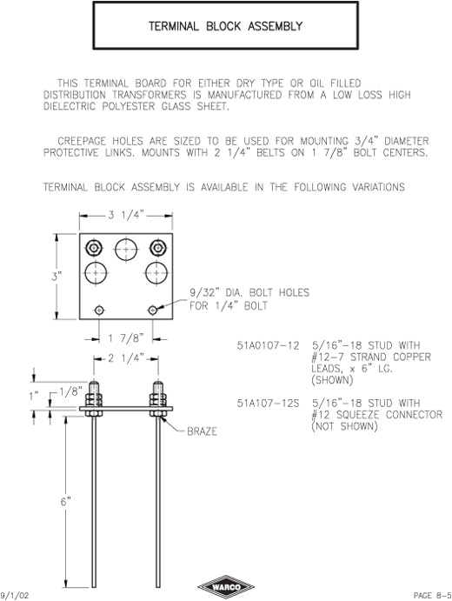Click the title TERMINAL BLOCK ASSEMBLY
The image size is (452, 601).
point(226,26)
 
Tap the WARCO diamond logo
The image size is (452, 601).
point(226,587)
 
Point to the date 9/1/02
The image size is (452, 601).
point(15,595)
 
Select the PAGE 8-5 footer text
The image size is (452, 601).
point(433,595)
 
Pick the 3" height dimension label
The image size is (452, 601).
point(56,277)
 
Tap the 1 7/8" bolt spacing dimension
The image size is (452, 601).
point(125,338)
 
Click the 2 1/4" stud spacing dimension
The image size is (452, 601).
point(125,358)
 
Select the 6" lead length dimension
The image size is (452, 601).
point(66,501)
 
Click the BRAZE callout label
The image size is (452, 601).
point(202,431)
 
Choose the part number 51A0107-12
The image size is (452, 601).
point(268,345)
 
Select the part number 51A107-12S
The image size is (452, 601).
point(268,404)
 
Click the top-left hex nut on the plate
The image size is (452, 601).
point(94,248)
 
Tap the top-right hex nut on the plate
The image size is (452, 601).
point(157,248)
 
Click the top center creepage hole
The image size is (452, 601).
point(126,250)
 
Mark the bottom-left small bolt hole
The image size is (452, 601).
point(99,310)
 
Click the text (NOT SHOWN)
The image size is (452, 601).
point(344,426)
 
